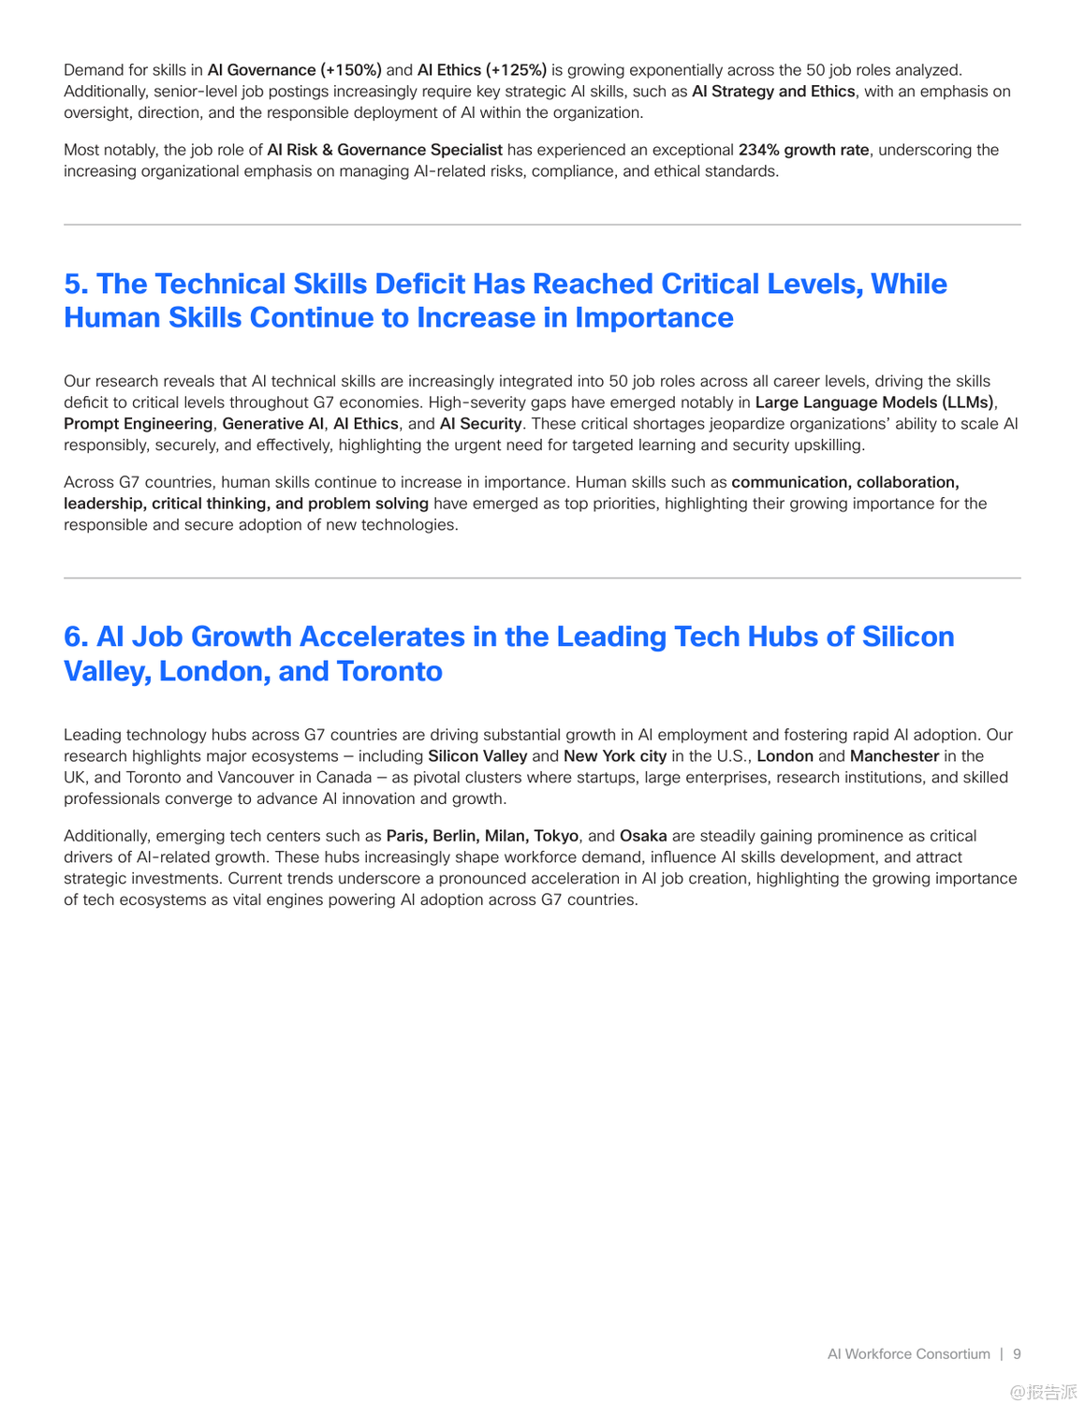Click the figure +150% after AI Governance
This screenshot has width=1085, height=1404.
pyautogui.click(x=351, y=70)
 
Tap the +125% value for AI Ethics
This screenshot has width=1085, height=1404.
pyautogui.click(x=517, y=70)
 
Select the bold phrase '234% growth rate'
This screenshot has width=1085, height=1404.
pyautogui.click(x=803, y=150)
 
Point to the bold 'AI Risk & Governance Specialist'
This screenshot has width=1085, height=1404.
pyautogui.click(x=385, y=150)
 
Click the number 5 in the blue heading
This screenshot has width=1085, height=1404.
pyautogui.click(x=75, y=284)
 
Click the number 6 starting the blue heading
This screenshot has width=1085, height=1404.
pyautogui.click(x=75, y=636)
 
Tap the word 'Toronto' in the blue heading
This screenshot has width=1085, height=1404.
pyautogui.click(x=389, y=671)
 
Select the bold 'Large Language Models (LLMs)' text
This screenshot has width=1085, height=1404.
pyautogui.click(x=874, y=402)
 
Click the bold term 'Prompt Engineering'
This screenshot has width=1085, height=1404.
pyautogui.click(x=138, y=424)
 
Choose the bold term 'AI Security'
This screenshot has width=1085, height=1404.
pyautogui.click(x=480, y=424)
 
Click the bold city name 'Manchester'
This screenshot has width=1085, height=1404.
pyautogui.click(x=894, y=756)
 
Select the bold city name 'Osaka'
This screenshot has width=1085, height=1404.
pyautogui.click(x=643, y=836)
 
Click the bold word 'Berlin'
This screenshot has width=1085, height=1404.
pyautogui.click(x=454, y=836)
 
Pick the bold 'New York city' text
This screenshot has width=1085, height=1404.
pyautogui.click(x=615, y=756)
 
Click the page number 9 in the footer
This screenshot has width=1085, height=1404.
pyautogui.click(x=1017, y=1354)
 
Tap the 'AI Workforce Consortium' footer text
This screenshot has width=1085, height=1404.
pyautogui.click(x=908, y=1354)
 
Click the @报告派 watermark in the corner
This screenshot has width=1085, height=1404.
pyautogui.click(x=1043, y=1392)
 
